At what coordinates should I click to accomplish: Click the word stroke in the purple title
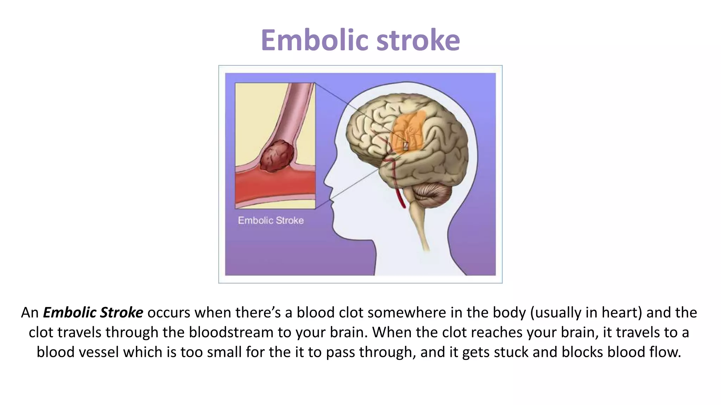[418, 40]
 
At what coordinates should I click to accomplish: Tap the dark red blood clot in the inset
[277, 156]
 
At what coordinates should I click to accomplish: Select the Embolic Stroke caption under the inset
[271, 220]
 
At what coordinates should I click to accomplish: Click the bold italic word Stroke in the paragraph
[121, 313]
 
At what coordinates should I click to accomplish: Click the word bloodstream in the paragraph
[231, 333]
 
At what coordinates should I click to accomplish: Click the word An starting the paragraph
[30, 313]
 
